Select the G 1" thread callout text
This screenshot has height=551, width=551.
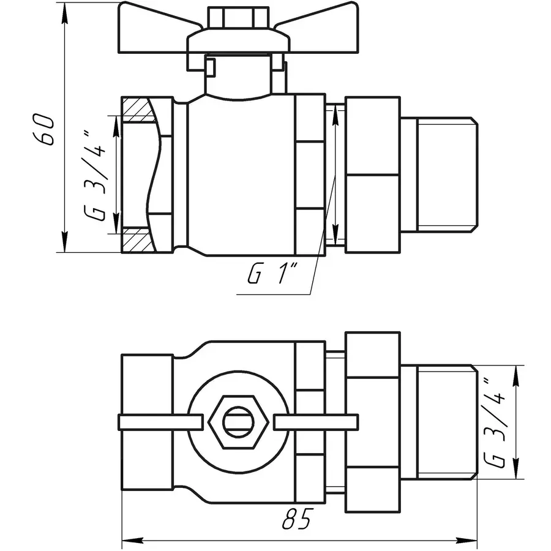[272, 275]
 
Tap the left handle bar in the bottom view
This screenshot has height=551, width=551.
[159, 422]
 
